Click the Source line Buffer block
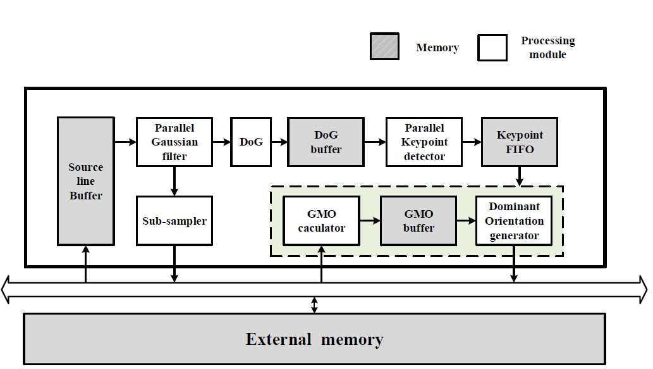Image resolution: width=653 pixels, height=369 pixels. tap(85, 181)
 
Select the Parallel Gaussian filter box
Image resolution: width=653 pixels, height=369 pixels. tap(174, 142)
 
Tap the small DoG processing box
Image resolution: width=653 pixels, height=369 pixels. tap(251, 142)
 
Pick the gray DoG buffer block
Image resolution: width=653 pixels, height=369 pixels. tap(326, 142)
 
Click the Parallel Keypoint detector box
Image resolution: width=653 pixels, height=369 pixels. tap(424, 142)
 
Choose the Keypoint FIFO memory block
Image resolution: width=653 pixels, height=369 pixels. tap(520, 142)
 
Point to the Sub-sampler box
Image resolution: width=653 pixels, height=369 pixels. tap(174, 221)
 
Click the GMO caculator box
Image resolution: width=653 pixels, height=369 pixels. tap(322, 221)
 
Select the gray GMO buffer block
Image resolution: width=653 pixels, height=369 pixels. tap(418, 221)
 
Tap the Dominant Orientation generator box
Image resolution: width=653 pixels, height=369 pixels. tap(514, 221)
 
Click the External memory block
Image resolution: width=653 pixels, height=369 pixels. tap(314, 339)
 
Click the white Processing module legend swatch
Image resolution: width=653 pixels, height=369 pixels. tap(492, 47)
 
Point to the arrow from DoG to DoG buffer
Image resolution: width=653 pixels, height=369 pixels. tap(279, 142)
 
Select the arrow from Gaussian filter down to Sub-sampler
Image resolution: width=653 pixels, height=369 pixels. tap(174, 181)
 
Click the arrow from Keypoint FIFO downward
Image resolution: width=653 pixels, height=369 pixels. tap(520, 176)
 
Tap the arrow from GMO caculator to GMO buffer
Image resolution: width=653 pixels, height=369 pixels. tap(370, 221)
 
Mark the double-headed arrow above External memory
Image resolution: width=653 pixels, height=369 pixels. tap(315, 304)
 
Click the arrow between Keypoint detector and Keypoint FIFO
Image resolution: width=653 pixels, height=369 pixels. tap(472, 142)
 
